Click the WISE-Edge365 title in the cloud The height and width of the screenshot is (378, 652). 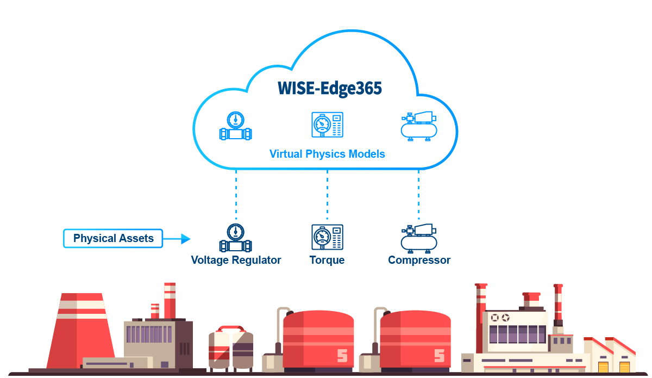330,88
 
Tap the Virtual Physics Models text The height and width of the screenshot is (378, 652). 327,154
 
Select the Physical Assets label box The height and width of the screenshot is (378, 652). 113,238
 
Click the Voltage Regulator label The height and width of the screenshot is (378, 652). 236,260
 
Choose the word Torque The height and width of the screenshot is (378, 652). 327,260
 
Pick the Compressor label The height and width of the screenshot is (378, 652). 419,260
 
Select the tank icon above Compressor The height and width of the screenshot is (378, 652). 418,238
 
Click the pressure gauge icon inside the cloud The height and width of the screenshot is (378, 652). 236,127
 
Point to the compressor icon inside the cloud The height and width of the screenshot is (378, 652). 418,127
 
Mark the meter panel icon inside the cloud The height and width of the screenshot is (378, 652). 327,126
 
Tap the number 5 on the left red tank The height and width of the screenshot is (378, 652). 342,356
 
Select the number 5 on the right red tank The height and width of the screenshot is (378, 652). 439,356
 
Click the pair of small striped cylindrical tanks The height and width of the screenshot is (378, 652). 231,348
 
